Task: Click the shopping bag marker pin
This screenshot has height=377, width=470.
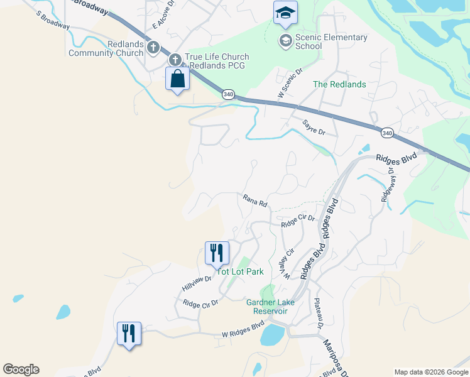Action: tap(178, 79)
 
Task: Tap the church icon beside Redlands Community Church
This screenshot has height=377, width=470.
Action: tap(153, 48)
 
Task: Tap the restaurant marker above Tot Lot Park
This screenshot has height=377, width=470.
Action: tap(217, 253)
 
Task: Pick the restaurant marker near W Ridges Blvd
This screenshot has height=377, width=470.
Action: tap(129, 332)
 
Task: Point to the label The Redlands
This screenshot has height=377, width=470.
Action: tap(339, 84)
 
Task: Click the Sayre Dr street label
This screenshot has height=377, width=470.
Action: tap(314, 128)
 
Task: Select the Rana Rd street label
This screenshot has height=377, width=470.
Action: tap(255, 201)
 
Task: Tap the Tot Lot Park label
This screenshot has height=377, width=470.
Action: tap(240, 271)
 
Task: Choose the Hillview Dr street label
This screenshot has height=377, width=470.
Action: tap(197, 283)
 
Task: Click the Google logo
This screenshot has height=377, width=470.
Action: tap(21, 369)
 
